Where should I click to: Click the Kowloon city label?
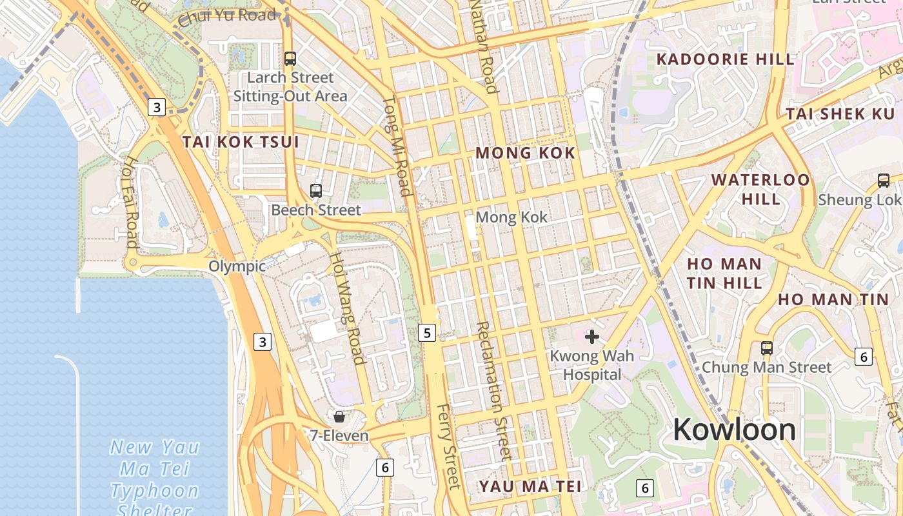[734, 430]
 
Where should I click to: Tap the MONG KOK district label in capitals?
[525, 153]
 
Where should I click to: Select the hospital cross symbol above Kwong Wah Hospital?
[591, 336]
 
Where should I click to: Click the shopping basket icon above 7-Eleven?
[339, 416]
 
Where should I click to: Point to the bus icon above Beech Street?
[315, 190]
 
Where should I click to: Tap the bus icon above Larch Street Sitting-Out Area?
[290, 58]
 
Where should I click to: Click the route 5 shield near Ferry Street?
[426, 333]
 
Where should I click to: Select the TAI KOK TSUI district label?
[241, 142]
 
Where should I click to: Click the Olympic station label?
[237, 266]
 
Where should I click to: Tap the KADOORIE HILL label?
[725, 59]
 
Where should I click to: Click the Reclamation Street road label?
[493, 390]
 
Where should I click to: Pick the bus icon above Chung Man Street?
[766, 348]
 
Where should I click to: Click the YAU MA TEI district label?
[530, 486]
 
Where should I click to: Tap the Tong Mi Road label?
[397, 146]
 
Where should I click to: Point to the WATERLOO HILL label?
[760, 188]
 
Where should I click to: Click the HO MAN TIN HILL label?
[724, 273]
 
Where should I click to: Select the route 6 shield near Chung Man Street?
[863, 355]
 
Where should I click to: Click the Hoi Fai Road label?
[130, 201]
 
